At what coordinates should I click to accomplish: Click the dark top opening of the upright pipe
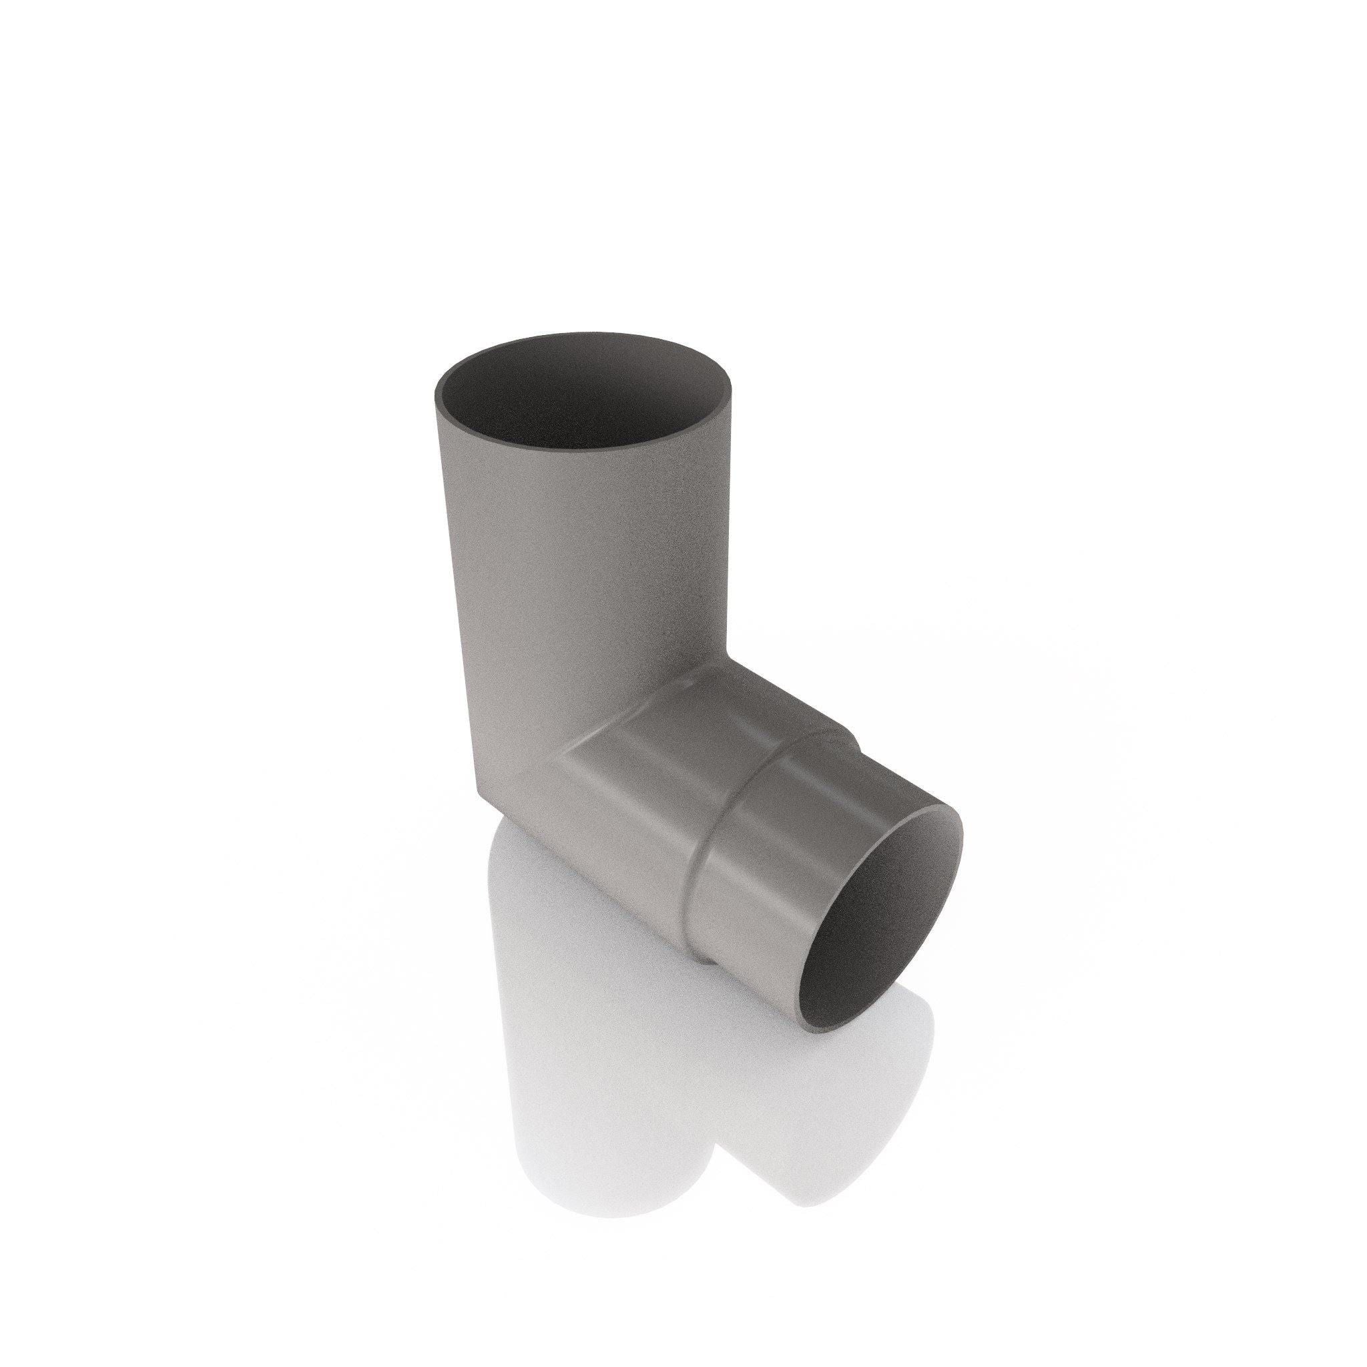584,400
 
